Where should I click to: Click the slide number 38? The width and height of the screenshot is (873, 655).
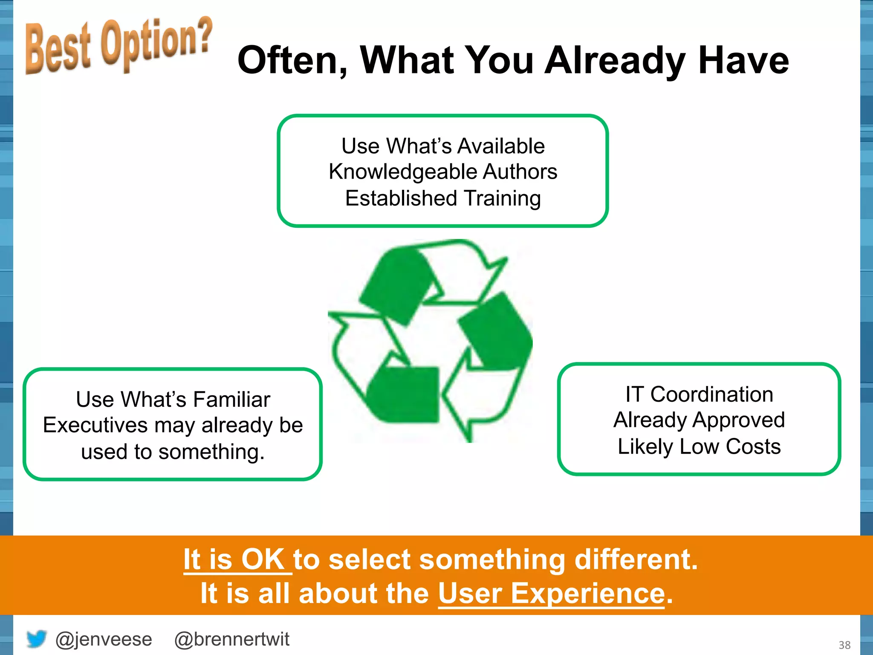coord(844,645)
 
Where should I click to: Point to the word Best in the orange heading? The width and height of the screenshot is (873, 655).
coord(58,49)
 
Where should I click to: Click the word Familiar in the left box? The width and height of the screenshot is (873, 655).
coord(231,400)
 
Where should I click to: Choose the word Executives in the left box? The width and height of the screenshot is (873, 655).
coord(95,425)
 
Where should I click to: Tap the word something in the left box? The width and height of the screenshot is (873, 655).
coord(211,452)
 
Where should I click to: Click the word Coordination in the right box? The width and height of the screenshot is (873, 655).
coord(711,394)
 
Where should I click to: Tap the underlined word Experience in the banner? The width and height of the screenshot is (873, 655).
coord(587,593)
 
